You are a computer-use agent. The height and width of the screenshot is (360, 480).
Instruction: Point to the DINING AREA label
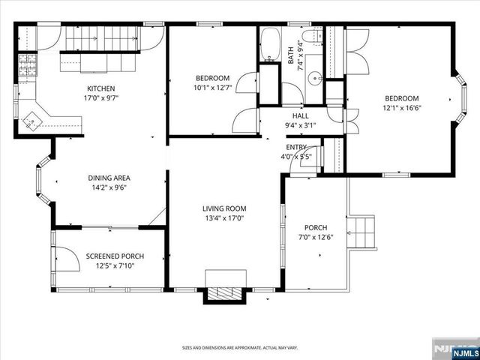click(x=109, y=178)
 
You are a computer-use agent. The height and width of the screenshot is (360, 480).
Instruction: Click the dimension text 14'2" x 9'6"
click(x=109, y=188)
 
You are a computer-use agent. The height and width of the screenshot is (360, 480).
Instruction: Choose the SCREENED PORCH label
click(x=115, y=256)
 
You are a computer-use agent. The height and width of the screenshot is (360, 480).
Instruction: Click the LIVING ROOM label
click(x=223, y=208)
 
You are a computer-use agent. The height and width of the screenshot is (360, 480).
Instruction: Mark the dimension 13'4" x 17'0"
click(x=223, y=218)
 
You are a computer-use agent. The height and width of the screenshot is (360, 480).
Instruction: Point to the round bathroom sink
click(x=317, y=76)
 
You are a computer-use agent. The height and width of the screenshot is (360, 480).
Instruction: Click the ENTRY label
click(x=296, y=147)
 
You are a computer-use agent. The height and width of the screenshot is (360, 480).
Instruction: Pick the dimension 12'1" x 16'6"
click(x=402, y=109)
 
